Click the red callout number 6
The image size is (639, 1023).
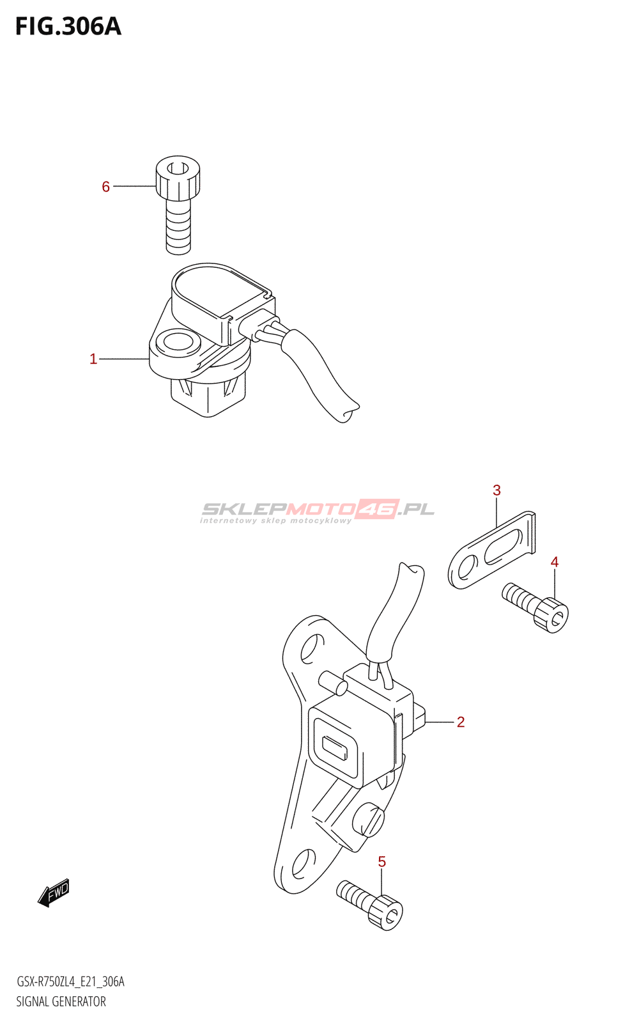point(106,187)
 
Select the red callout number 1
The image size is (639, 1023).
point(93,359)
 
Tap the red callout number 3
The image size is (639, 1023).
point(497,490)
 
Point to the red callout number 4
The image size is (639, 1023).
point(555,562)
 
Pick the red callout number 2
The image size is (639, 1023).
point(461,722)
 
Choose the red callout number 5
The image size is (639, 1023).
point(382,862)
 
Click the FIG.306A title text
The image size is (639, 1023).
point(68,27)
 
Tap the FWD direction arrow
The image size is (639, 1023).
point(54,892)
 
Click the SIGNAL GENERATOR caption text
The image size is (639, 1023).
point(61,1001)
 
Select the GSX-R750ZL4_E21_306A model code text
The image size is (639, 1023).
point(70,981)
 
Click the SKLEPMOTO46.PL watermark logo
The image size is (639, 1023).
point(318,510)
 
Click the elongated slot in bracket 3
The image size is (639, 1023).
point(503,547)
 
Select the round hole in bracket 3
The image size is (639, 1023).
point(466,568)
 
